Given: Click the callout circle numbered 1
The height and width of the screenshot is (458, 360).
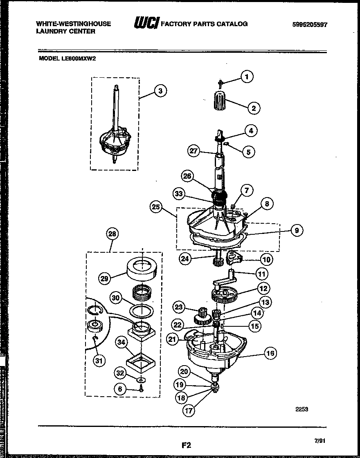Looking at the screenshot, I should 246,76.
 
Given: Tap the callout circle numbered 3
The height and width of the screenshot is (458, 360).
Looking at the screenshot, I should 160,91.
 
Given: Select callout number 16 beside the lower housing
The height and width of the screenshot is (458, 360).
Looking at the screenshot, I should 270,353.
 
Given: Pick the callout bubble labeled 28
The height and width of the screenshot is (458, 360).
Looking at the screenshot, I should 112,234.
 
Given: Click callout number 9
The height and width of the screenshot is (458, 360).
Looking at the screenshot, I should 297,231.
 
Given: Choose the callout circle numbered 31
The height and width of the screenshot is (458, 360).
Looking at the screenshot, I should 99,360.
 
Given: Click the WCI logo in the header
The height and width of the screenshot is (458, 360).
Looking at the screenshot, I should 146,24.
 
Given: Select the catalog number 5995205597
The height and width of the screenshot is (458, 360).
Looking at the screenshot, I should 310,25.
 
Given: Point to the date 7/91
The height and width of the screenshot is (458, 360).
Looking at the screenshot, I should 320,440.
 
